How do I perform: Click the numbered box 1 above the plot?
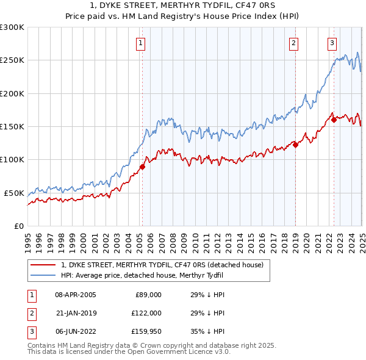click(141, 43)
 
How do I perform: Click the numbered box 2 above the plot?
click(294, 43)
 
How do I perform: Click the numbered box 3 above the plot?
click(332, 43)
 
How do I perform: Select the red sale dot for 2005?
click(142, 167)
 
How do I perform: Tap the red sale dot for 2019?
click(295, 145)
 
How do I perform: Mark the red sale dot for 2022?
click(334, 120)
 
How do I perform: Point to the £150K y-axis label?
click(12, 127)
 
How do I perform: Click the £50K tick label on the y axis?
click(13, 193)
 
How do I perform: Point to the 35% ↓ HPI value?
click(207, 332)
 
